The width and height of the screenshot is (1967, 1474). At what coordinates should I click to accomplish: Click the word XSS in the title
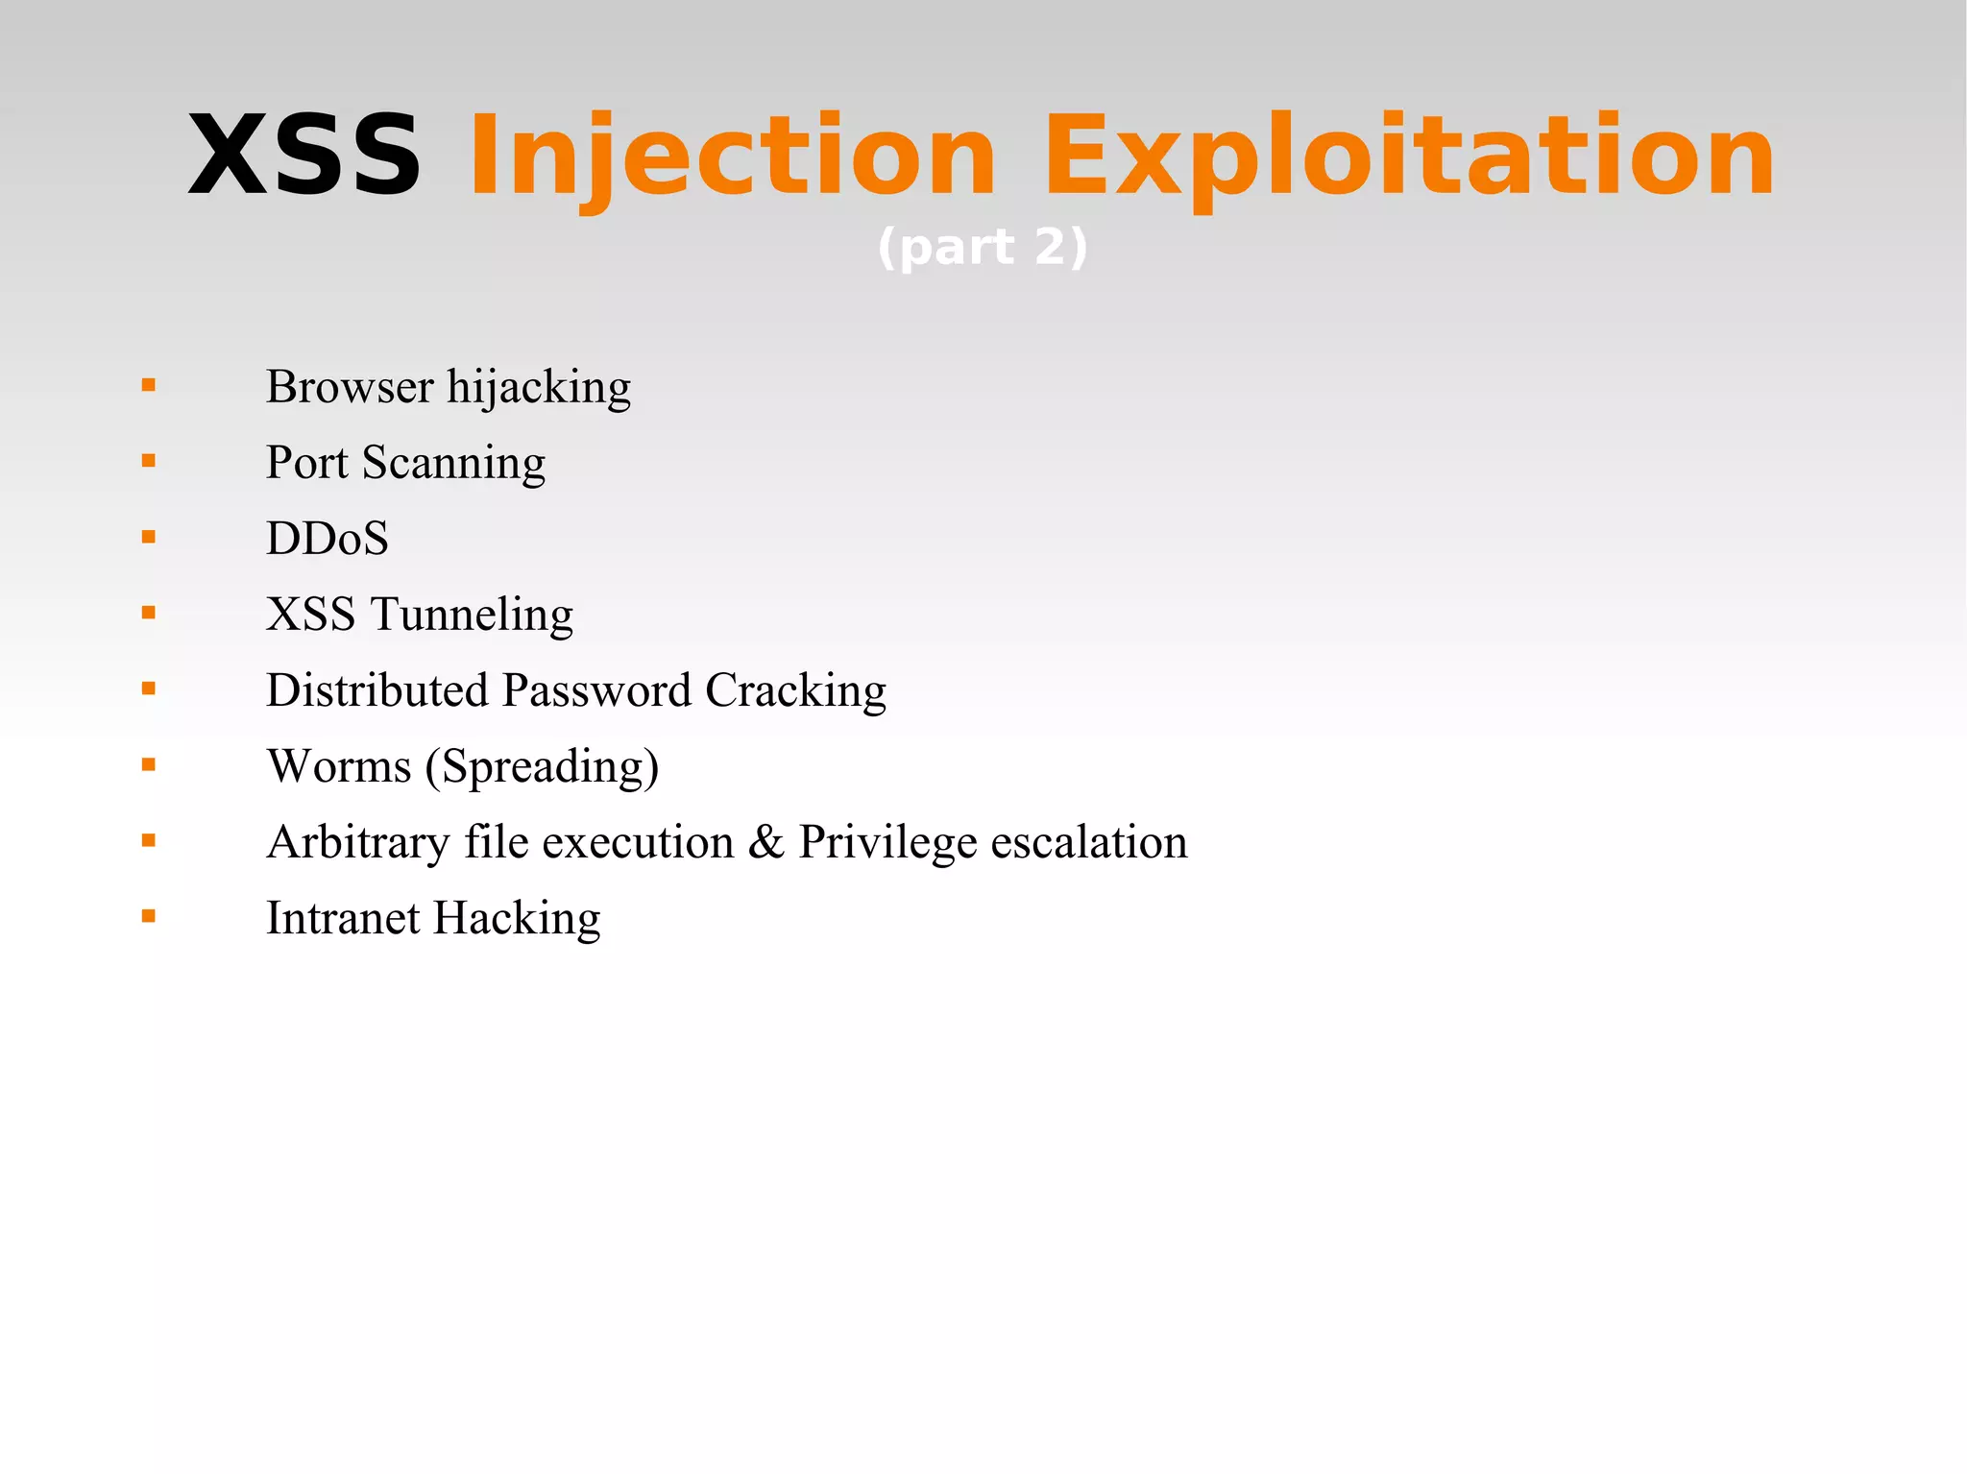[304, 156]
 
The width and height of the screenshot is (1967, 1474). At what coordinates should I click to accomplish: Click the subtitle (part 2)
[983, 248]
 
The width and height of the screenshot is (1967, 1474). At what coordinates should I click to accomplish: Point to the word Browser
[350, 387]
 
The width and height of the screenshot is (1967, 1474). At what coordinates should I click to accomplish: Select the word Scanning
[453, 464]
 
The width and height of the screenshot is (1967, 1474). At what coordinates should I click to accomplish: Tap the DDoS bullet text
[328, 538]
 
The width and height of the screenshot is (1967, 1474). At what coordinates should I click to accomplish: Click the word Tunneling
[472, 615]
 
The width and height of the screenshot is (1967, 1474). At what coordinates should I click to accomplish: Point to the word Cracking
[795, 691]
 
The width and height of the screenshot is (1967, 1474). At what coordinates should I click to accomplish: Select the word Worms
[339, 766]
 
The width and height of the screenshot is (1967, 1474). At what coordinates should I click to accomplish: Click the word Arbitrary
[358, 843]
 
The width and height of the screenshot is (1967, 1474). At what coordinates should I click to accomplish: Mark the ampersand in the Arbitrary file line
[766, 842]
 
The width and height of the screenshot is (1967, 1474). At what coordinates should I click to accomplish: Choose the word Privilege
[887, 843]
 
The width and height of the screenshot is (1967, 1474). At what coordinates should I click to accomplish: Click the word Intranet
[342, 918]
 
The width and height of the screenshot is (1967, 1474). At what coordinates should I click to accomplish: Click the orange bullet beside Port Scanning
[148, 461]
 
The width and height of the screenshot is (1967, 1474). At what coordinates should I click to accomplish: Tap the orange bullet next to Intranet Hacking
[148, 917]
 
